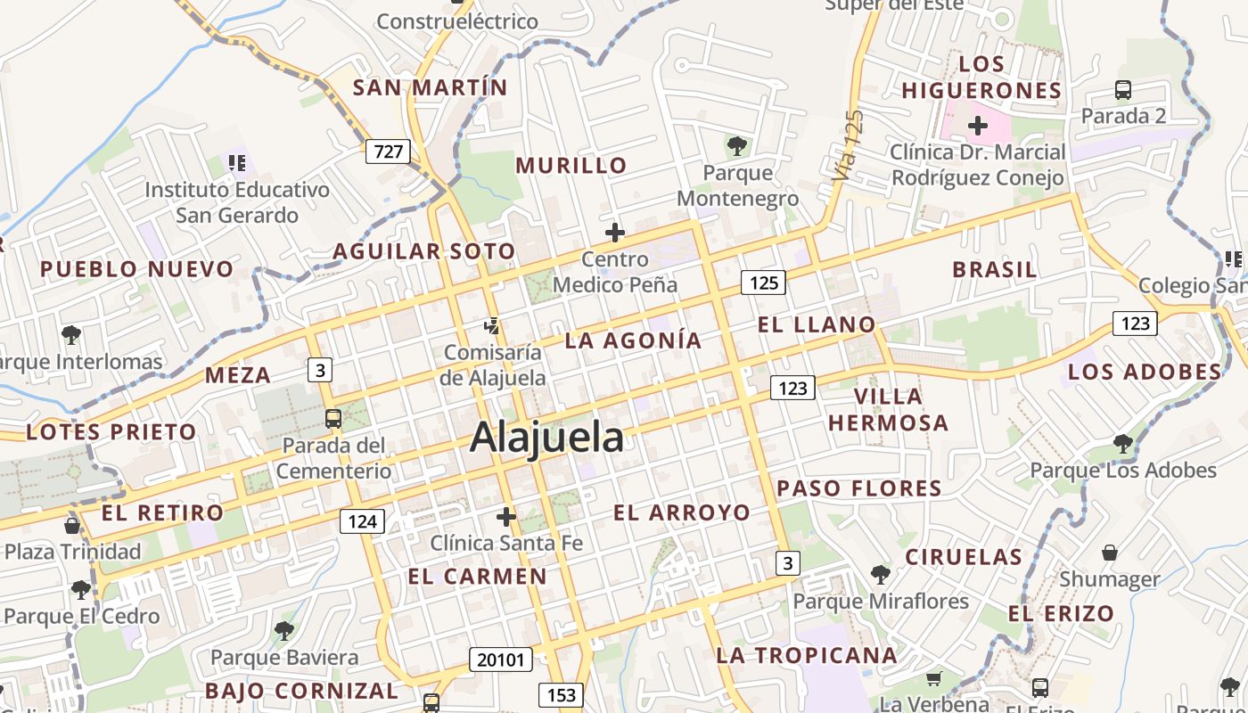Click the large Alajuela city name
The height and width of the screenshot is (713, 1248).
click(546, 438)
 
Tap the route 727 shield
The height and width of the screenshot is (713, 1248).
click(388, 152)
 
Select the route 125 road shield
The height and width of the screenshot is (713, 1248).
click(764, 283)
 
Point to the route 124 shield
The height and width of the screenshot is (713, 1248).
click(362, 520)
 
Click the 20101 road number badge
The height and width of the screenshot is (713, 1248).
click(501, 660)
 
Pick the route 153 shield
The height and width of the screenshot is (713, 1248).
click(561, 694)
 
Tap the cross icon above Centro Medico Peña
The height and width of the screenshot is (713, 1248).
click(615, 234)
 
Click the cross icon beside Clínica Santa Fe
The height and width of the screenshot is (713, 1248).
click(506, 517)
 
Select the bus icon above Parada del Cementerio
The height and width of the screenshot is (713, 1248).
click(333, 418)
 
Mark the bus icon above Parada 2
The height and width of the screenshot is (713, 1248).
click(1123, 90)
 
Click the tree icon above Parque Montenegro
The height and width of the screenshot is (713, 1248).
click(736, 145)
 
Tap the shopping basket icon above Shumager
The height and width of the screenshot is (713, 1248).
click(1110, 553)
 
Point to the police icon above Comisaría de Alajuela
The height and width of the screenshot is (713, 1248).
click(492, 326)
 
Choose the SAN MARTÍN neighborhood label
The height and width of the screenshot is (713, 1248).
click(430, 88)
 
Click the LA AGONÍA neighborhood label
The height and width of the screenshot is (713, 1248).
click(634, 340)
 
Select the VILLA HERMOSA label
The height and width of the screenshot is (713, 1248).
click(889, 409)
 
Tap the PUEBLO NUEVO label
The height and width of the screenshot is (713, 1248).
click(136, 269)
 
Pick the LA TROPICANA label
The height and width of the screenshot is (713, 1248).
click(807, 656)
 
